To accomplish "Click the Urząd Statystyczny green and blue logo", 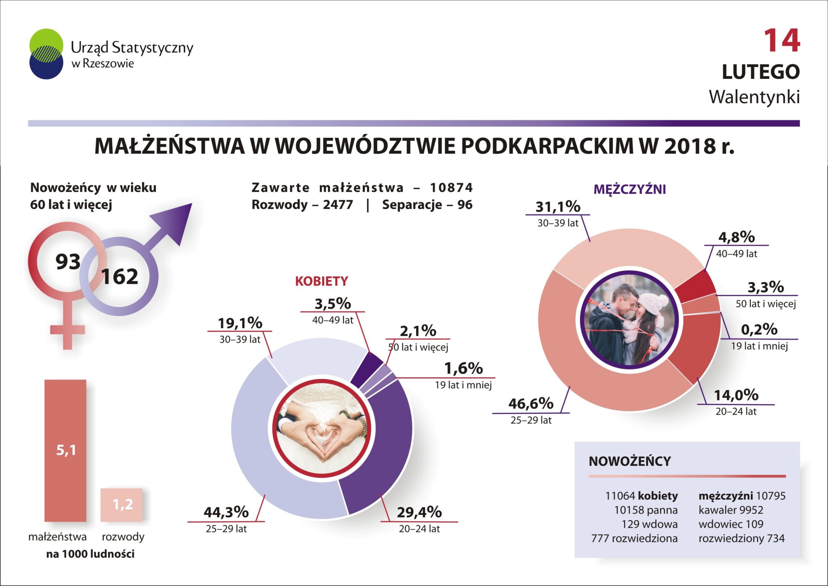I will tap(46, 54).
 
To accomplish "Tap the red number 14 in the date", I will tap(781, 41).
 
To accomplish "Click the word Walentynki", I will tap(754, 97).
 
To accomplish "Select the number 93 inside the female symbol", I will tap(68, 261).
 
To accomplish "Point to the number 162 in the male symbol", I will tap(119, 277).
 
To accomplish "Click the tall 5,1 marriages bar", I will tap(65, 450).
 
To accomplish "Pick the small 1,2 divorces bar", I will tap(122, 504).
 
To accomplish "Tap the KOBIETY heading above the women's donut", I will tap(321, 281).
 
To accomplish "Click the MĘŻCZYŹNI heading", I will tap(629, 189).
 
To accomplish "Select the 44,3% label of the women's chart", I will tap(226, 512).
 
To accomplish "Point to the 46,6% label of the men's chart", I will tap(531, 403).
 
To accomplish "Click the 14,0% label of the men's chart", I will tap(736, 395).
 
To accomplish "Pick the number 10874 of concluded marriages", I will tap(451, 188).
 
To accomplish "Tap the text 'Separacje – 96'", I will tap(427, 205).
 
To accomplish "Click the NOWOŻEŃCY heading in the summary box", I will tap(629, 461).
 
